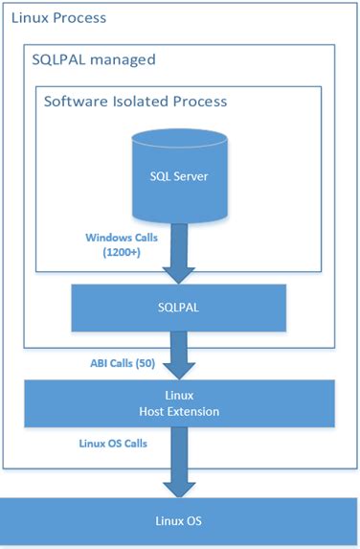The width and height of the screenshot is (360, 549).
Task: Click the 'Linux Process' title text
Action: (56, 18)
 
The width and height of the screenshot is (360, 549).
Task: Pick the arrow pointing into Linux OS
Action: (179, 463)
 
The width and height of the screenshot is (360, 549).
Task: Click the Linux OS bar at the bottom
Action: (179, 522)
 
